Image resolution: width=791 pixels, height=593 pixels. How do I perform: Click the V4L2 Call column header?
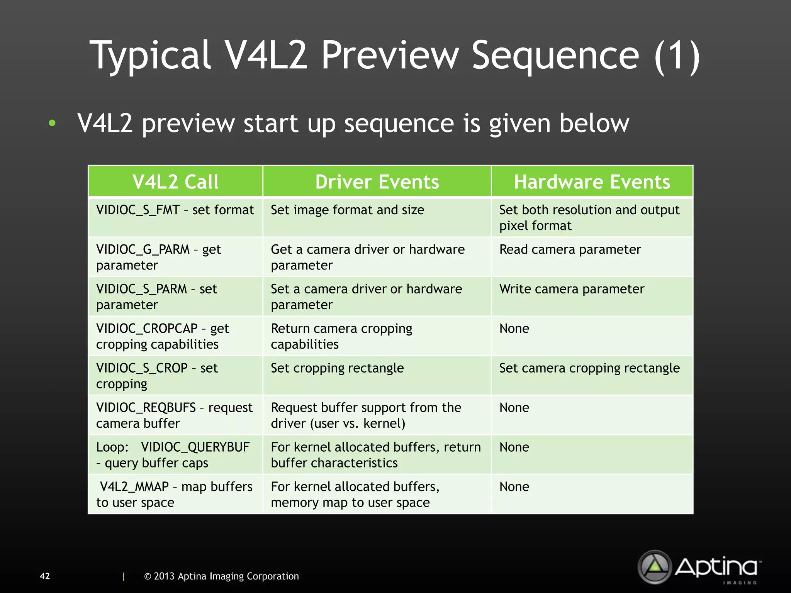[x=175, y=181]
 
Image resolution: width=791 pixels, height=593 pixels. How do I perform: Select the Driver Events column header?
[x=377, y=181]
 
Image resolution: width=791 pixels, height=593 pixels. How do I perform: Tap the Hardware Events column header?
[x=592, y=181]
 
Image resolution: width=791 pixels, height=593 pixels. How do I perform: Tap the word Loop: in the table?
[x=112, y=447]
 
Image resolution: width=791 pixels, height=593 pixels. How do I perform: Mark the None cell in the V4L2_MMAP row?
[x=514, y=487]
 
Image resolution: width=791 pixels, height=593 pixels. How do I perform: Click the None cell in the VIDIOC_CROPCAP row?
[x=514, y=329]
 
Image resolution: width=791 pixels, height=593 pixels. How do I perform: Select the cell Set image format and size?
[x=347, y=210]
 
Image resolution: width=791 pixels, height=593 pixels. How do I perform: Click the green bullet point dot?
[x=52, y=124]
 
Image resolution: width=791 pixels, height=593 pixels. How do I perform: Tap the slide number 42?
[x=45, y=576]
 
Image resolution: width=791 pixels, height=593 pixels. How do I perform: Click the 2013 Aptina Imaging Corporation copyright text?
[x=222, y=576]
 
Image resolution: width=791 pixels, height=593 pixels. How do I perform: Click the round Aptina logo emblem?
[x=655, y=567]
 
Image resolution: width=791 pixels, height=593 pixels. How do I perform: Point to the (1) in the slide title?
[x=677, y=56]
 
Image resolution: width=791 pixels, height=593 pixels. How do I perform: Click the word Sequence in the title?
[x=555, y=56]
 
